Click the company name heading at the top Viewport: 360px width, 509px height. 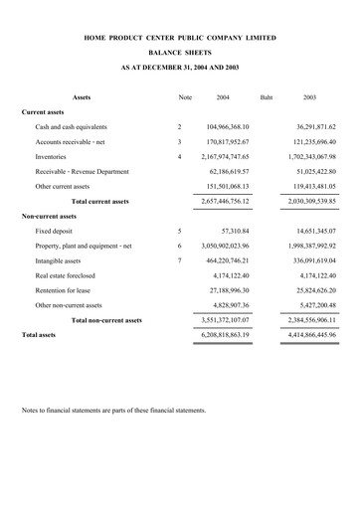click(180, 38)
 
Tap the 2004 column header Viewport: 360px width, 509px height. click(223, 97)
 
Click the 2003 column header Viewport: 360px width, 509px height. click(309, 97)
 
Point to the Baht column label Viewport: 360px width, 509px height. click(266, 97)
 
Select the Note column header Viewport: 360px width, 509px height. click(184, 97)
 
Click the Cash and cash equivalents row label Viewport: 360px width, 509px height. click(71, 127)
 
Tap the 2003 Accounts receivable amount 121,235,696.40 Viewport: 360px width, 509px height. click(302, 142)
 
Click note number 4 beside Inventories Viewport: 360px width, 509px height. click(179, 157)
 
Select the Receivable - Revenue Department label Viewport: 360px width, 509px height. click(83, 171)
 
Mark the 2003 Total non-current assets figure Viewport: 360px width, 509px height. click(302, 322)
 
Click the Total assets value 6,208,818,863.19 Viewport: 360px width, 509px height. click(214, 337)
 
